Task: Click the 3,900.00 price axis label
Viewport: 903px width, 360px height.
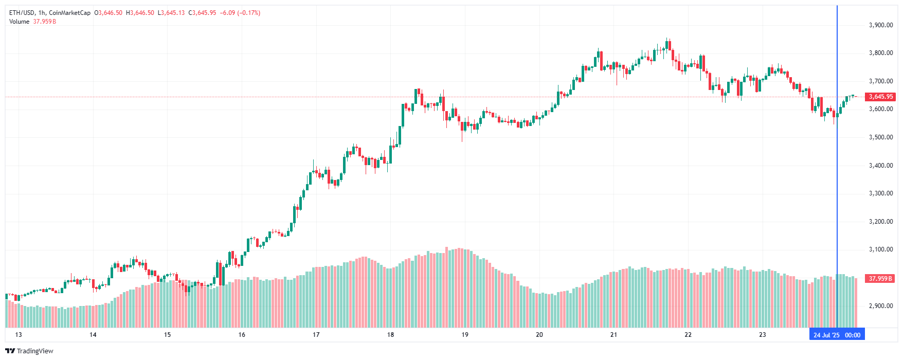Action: (880, 25)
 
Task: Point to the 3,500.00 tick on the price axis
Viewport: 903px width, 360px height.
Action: (880, 137)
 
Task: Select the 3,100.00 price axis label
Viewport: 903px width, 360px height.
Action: (880, 249)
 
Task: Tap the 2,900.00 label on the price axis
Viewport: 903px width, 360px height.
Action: (880, 306)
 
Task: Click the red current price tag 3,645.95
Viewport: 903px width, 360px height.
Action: (880, 97)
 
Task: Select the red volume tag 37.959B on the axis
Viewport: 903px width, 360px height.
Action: (880, 279)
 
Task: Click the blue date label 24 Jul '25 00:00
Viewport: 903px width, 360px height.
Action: (837, 335)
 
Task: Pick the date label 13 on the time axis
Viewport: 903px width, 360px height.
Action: (19, 335)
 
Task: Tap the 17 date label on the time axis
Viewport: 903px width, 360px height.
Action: (316, 335)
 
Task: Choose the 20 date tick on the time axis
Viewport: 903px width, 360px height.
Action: (539, 335)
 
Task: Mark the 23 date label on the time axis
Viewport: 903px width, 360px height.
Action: (763, 335)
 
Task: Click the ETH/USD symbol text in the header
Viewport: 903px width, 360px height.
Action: (22, 13)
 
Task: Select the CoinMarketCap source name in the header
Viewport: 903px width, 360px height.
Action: (69, 13)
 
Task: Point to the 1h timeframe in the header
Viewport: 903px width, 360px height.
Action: (42, 13)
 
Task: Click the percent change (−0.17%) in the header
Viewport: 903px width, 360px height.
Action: (249, 13)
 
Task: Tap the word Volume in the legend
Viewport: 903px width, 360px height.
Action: (19, 22)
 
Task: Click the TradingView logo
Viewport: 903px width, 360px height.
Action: (29, 351)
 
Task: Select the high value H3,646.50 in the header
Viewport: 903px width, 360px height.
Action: (140, 13)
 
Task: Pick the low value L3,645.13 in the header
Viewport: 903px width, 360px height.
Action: (171, 13)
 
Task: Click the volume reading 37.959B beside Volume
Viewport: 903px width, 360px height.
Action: (45, 22)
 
